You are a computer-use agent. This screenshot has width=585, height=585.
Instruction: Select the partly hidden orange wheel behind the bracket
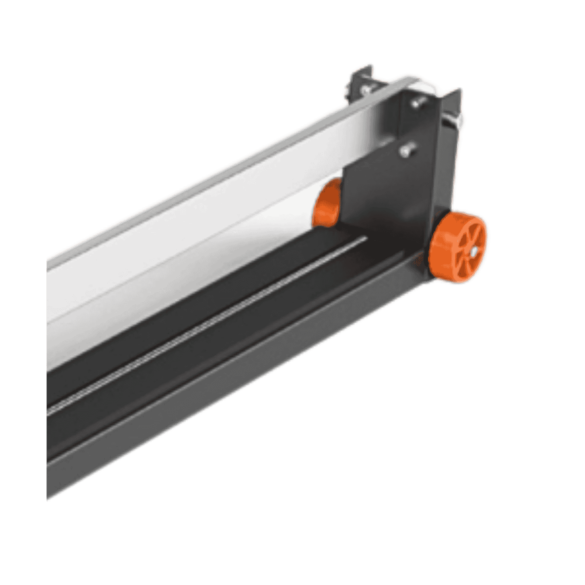click(x=328, y=202)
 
